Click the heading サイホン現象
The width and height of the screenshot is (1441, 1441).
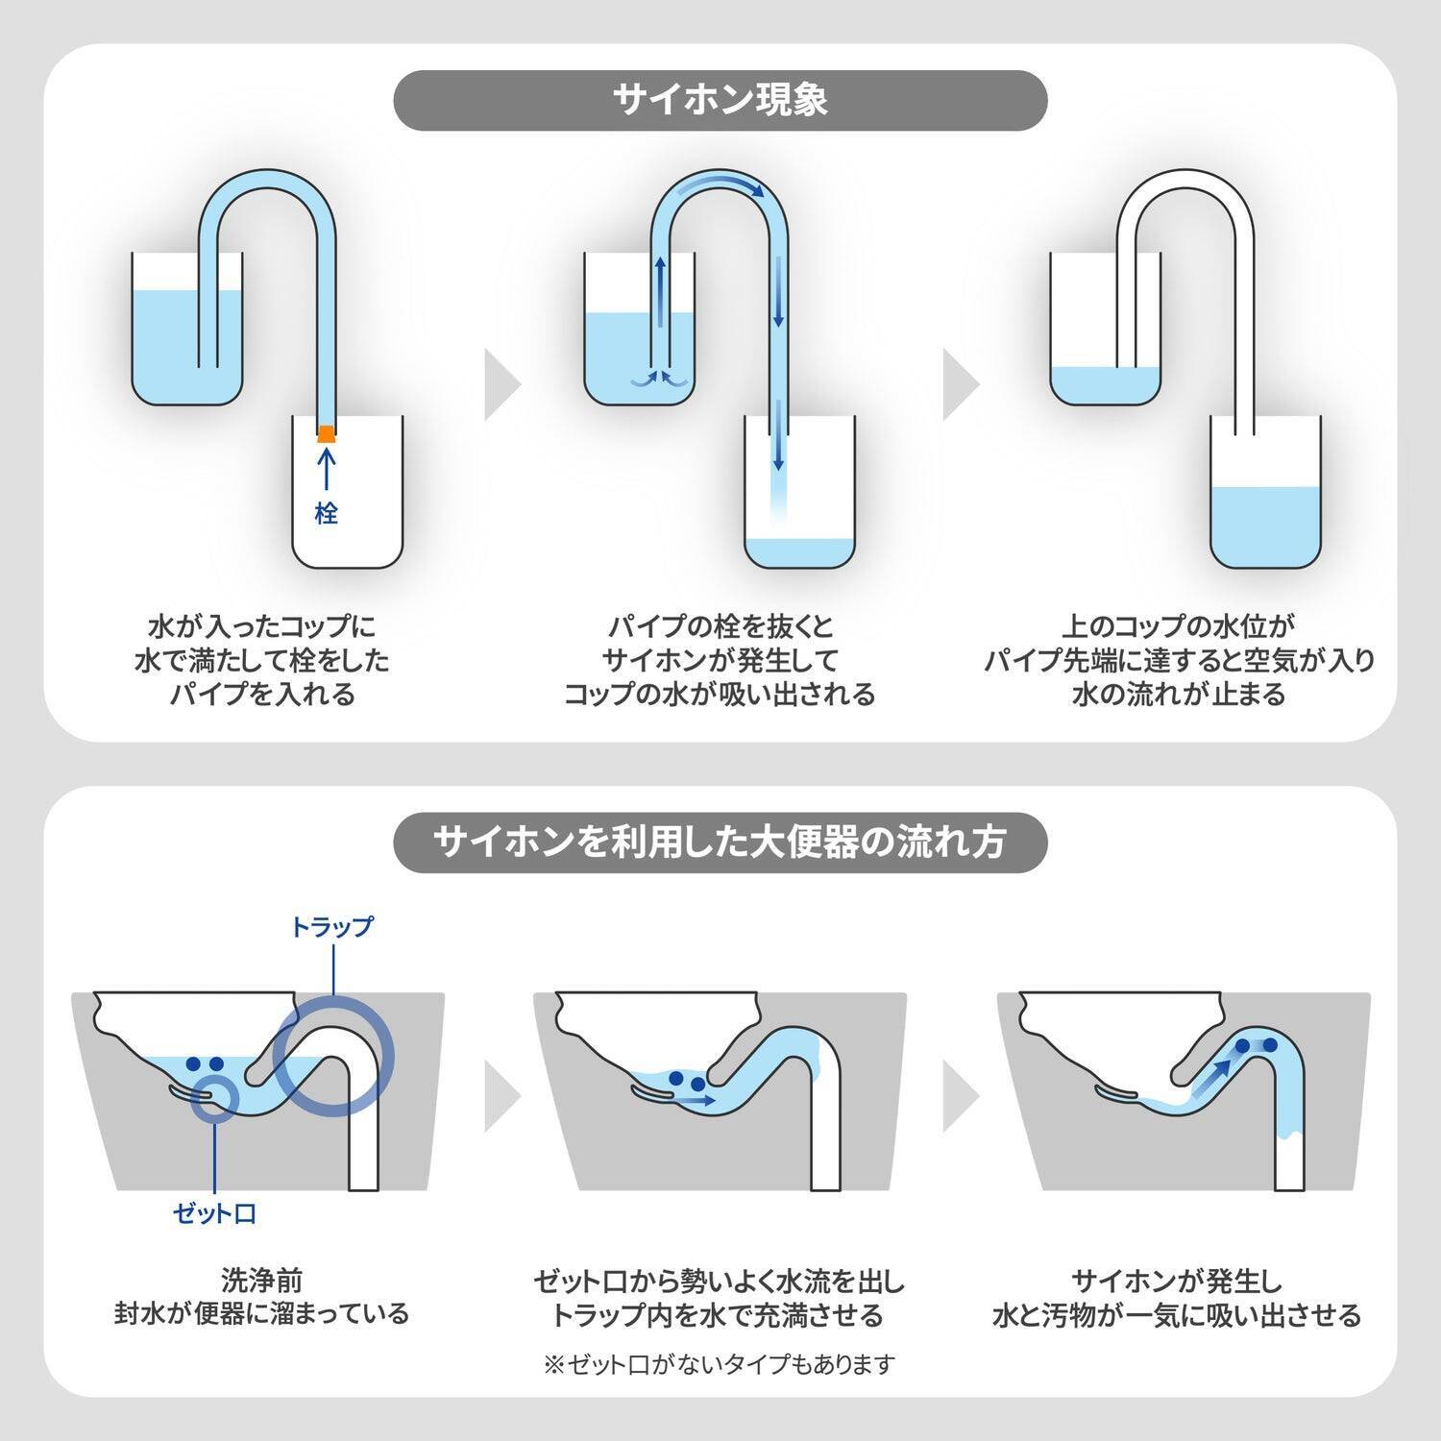pos(720,101)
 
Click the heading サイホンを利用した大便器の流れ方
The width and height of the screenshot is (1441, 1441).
pos(720,842)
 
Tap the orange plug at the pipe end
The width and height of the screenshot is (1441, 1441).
pos(327,433)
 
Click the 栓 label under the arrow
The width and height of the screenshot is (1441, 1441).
pos(327,513)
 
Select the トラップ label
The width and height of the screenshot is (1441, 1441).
pos(331,927)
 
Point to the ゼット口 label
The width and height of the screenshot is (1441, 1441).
pos(214,1213)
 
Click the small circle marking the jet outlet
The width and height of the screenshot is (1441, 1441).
pos(215,1097)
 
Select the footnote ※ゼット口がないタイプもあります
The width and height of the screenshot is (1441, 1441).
pos(720,1363)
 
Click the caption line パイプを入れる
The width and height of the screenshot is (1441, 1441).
pos(262,694)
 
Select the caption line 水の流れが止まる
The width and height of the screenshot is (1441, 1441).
pos(1179,694)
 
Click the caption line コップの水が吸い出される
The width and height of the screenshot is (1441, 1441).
pos(720,694)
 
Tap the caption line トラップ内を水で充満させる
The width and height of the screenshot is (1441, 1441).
pos(720,1314)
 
